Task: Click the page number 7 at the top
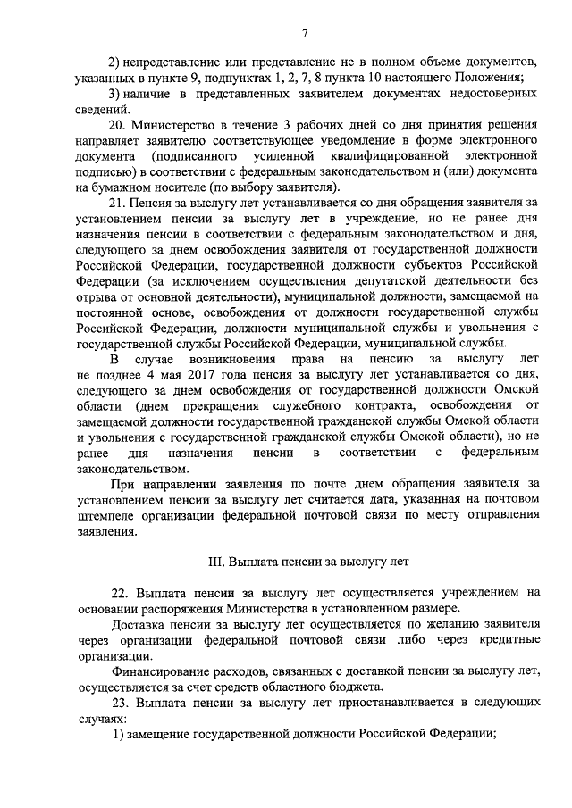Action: click(305, 33)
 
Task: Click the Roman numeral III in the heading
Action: click(214, 562)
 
